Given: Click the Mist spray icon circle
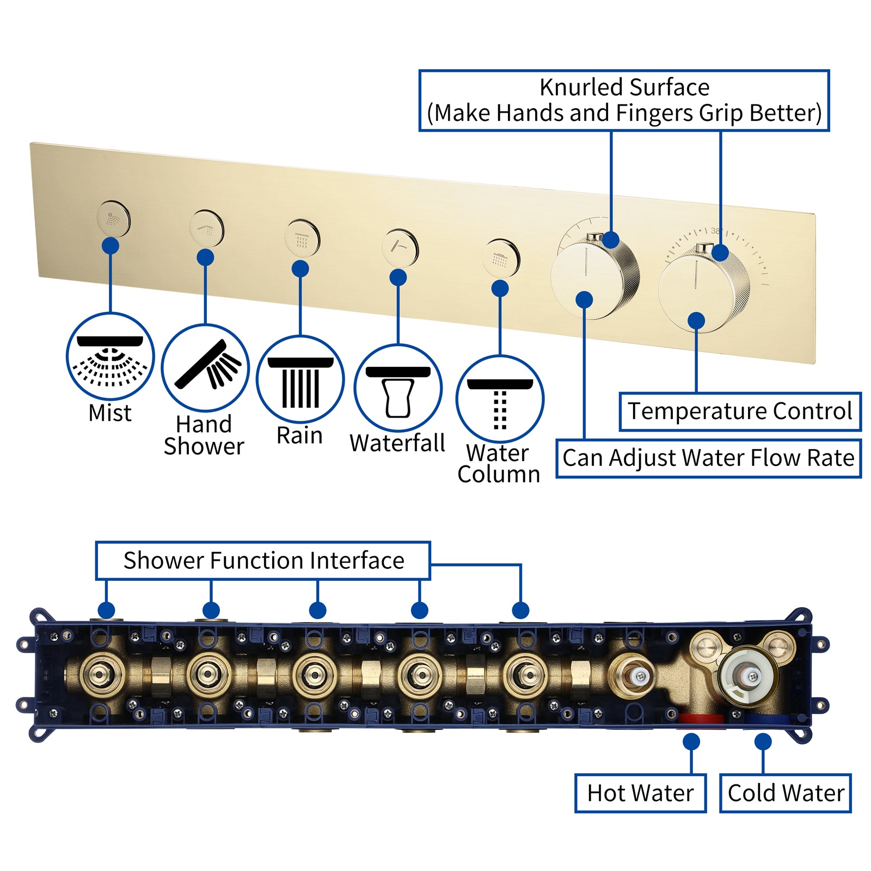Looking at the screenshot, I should (x=111, y=357).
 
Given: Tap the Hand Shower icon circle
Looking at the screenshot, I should (x=205, y=368).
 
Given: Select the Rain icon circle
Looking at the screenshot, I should (x=300, y=379).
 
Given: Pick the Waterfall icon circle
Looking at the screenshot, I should (x=398, y=388).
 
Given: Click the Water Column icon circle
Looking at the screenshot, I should (x=500, y=399).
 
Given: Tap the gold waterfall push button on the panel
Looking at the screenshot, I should (x=400, y=248).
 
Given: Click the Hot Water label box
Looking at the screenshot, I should (x=640, y=793).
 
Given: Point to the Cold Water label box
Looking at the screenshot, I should (x=785, y=793).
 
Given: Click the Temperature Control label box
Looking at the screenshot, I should (x=740, y=412).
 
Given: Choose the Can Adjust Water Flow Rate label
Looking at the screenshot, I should (x=708, y=458).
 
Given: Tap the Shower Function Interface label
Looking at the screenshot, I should (x=263, y=561).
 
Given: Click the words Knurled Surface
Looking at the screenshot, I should (x=624, y=88).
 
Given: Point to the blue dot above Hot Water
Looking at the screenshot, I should (x=691, y=741).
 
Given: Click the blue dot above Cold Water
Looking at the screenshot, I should (x=763, y=741).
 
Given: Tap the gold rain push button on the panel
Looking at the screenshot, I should (x=302, y=238).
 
